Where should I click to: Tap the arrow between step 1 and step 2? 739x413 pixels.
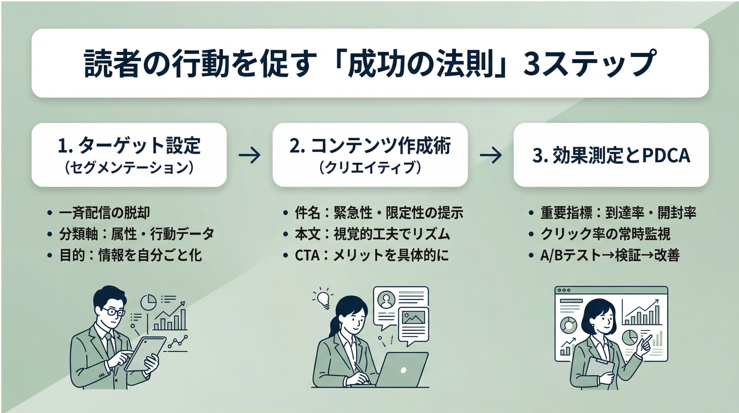[250, 155]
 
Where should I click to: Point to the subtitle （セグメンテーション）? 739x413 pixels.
[129, 168]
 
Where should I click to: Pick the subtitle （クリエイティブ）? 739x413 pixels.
[370, 168]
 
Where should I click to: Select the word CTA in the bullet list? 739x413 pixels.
[307, 255]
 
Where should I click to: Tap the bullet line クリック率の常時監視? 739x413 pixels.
[605, 234]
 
